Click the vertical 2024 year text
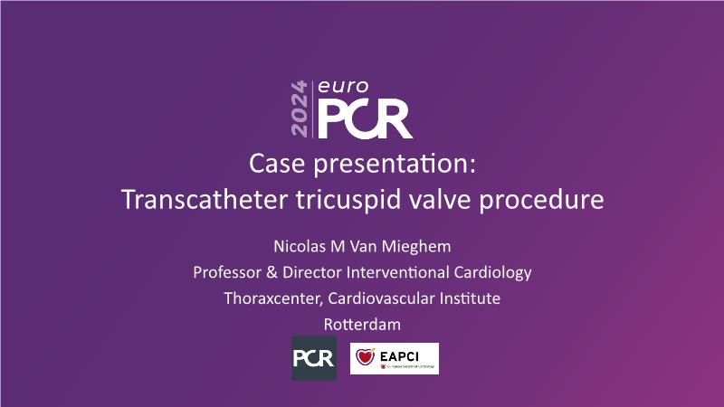tap(300, 109)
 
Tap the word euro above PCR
tap(343, 86)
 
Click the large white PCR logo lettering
tap(365, 119)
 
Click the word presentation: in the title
tap(395, 165)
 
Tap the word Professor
tap(227, 272)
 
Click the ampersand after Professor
tap(272, 272)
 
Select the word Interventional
tap(397, 272)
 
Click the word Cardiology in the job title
tap(492, 273)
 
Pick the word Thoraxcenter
tap(273, 298)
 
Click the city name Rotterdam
tap(362, 325)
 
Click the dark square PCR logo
tap(314, 358)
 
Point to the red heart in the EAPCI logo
tap(366, 356)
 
